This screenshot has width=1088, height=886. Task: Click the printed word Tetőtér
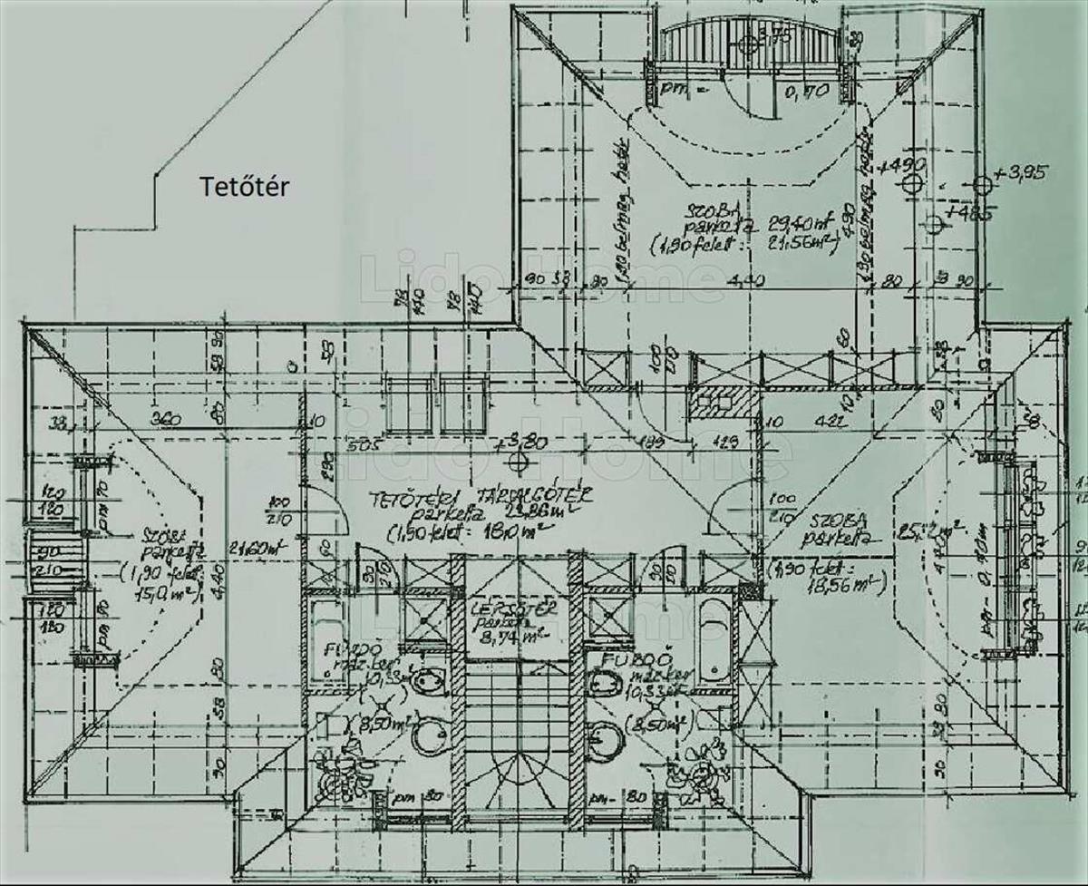244,187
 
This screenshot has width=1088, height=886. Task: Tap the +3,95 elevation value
1020,171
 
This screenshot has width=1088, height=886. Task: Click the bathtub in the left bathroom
322,640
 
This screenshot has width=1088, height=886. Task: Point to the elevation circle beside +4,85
934,222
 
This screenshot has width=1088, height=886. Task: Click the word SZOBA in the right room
839,521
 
